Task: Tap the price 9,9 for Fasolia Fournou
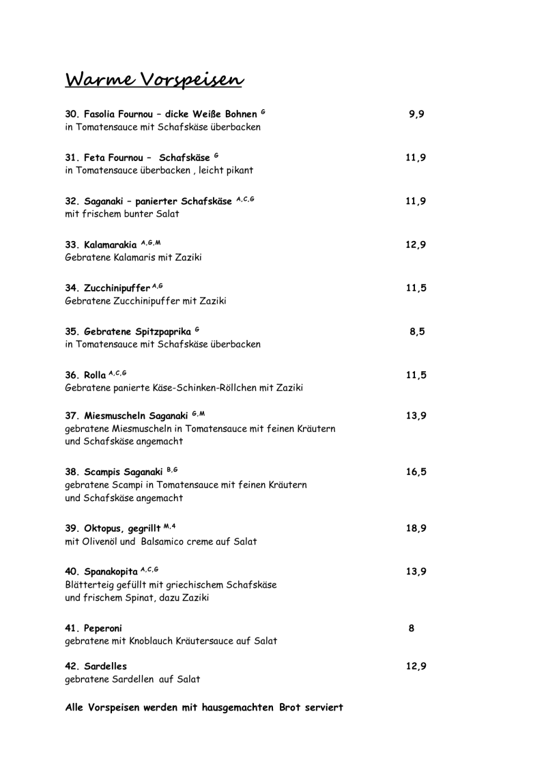(x=416, y=115)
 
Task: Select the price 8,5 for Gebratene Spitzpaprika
(x=418, y=332)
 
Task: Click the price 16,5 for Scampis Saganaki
(x=416, y=472)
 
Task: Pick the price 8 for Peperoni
(x=412, y=628)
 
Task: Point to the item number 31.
(x=72, y=158)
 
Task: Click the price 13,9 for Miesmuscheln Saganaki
(x=416, y=416)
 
